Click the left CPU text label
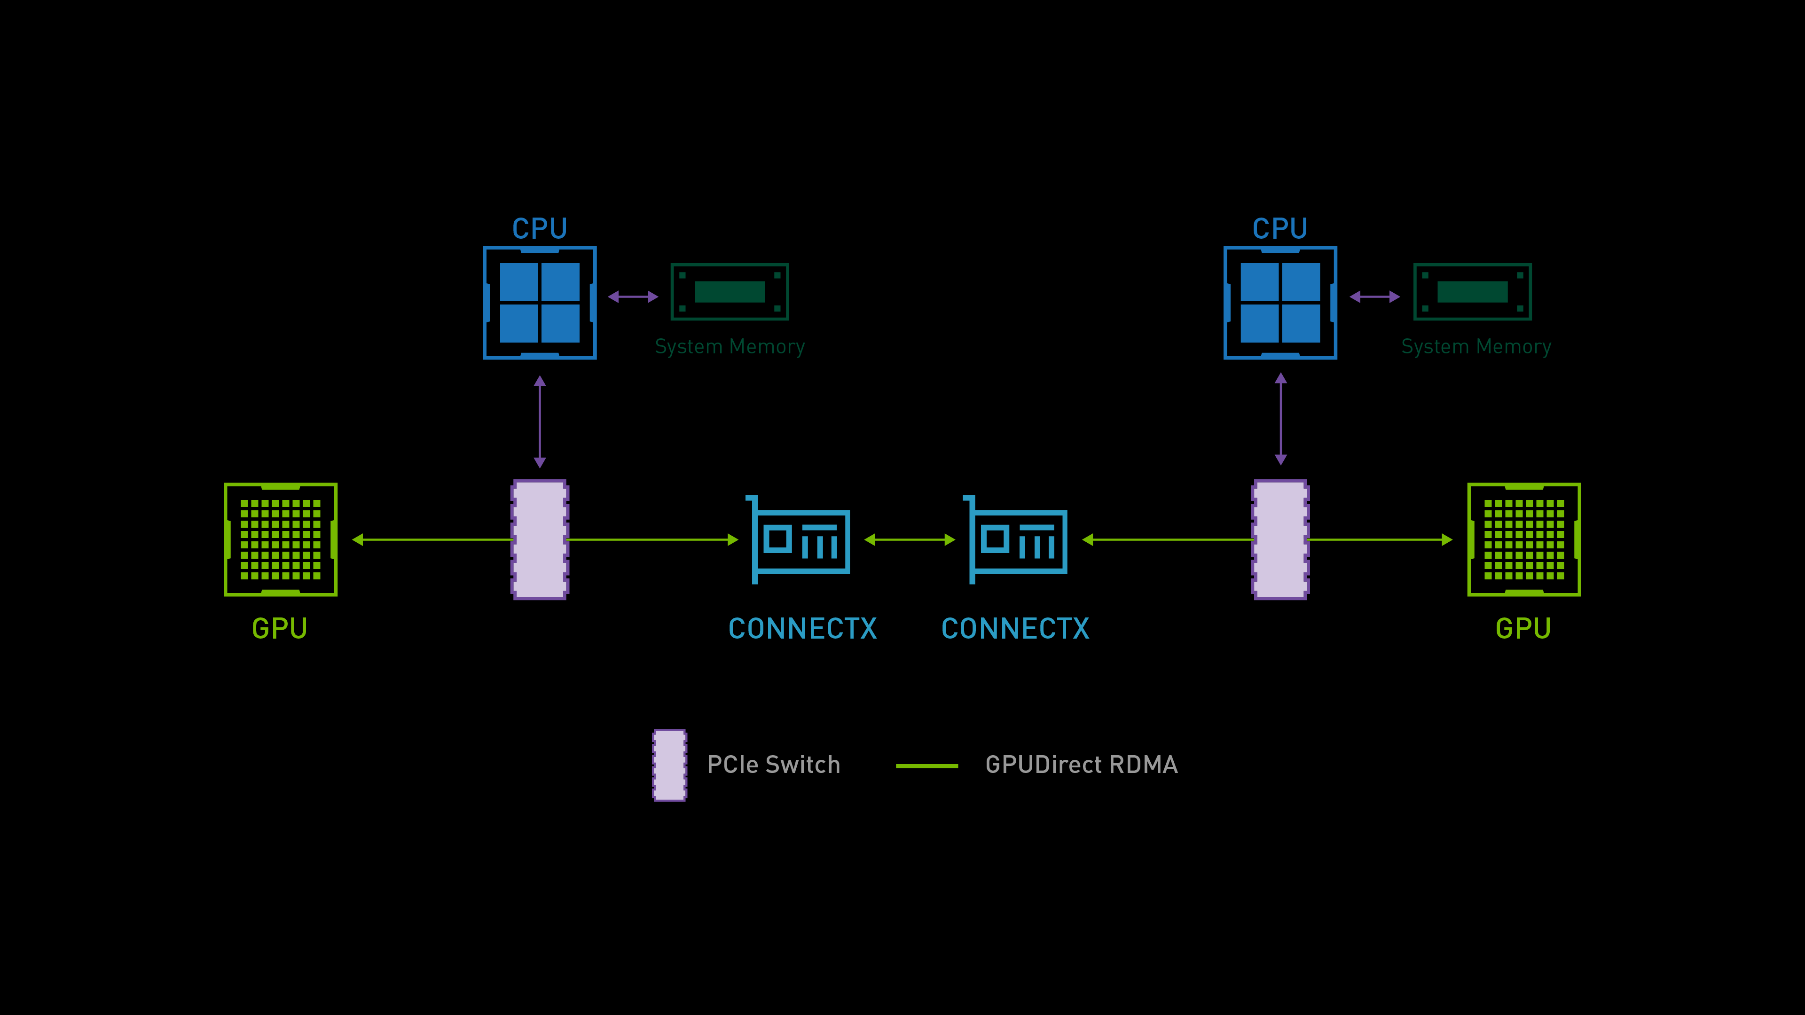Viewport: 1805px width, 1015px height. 540,228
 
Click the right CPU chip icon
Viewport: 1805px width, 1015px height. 1279,303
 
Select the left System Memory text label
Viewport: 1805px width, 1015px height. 730,347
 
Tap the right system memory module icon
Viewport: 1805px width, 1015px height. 1472,291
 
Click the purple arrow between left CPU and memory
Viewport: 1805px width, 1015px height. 633,297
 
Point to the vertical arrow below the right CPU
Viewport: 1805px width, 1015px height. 1280,419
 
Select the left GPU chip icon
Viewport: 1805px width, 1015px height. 280,539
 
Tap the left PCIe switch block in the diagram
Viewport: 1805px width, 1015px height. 540,539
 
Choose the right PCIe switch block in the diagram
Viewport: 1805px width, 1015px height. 1279,539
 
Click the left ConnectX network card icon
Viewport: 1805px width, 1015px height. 799,539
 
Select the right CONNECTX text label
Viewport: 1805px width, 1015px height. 1015,628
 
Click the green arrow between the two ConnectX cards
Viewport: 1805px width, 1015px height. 910,539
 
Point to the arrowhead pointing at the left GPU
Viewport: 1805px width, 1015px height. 358,539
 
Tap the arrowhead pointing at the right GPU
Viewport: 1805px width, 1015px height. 1446,539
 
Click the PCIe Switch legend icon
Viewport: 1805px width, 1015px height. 669,765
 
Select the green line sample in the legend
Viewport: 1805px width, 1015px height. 926,765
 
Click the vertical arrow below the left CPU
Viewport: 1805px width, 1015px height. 540,422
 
